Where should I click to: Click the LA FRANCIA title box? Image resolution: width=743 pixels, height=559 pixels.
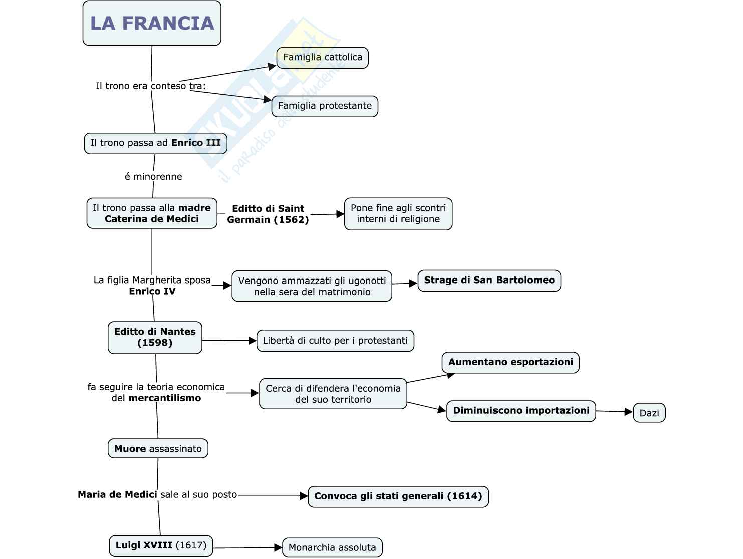point(152,23)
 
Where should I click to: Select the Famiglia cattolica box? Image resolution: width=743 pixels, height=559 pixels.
point(323,58)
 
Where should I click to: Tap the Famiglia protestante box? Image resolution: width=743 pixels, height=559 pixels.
point(325,106)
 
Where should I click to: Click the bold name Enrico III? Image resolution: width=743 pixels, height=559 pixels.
point(196,143)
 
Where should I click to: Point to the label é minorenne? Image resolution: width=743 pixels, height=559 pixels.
point(153,176)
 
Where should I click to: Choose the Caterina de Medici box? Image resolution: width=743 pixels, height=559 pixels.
point(152,213)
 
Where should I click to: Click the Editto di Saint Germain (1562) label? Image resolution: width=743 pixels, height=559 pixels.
point(268,214)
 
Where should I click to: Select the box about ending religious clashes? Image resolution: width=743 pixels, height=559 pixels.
point(398,214)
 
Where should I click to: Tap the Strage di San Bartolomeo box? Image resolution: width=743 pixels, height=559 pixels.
point(489,281)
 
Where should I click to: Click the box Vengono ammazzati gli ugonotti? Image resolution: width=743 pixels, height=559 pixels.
point(312,286)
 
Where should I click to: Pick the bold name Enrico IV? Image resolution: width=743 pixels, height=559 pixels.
point(152,291)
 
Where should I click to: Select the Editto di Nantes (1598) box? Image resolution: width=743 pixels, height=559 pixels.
point(155,337)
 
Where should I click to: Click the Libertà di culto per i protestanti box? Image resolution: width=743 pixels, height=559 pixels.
point(335,341)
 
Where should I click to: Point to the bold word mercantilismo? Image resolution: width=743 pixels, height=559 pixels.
point(164,398)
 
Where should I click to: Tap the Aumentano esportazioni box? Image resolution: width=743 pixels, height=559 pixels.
point(511,362)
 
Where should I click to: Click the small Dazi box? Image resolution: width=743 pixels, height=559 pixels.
point(649,413)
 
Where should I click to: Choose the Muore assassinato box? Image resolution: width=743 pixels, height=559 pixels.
point(158,449)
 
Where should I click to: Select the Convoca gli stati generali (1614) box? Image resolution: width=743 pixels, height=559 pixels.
point(398,496)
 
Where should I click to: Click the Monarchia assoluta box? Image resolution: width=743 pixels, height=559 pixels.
point(332,547)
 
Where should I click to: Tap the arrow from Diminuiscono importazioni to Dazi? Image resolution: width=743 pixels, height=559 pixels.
point(614,412)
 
